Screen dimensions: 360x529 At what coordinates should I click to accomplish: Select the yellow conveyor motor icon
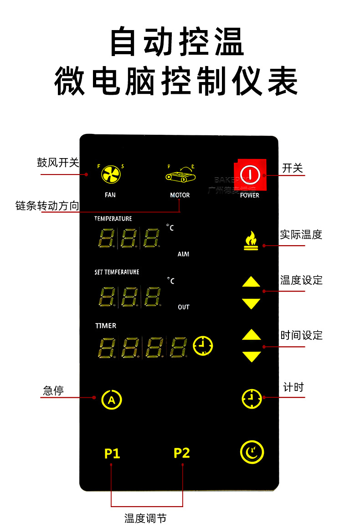tap(180, 174)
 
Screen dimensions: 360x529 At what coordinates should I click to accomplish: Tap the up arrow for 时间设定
tap(251, 335)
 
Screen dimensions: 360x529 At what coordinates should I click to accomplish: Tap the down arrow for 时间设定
tap(251, 356)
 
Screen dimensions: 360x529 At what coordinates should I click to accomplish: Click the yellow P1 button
tap(112, 454)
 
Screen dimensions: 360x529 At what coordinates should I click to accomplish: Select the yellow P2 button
tap(181, 453)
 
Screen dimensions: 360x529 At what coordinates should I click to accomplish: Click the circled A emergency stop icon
tap(112, 400)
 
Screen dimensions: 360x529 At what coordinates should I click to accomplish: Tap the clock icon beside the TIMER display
tap(203, 346)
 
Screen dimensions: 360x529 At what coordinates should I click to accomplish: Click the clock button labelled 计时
tap(252, 399)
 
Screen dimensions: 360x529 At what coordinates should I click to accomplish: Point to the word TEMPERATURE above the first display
tap(113, 219)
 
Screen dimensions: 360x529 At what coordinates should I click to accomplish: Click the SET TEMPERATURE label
tap(117, 272)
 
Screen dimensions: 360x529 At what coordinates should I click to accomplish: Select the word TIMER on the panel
tap(106, 326)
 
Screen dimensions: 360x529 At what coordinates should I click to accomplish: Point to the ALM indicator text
tap(183, 254)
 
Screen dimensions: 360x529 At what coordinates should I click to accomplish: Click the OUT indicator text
tap(183, 307)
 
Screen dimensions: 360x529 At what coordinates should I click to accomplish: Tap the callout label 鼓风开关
tap(58, 163)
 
